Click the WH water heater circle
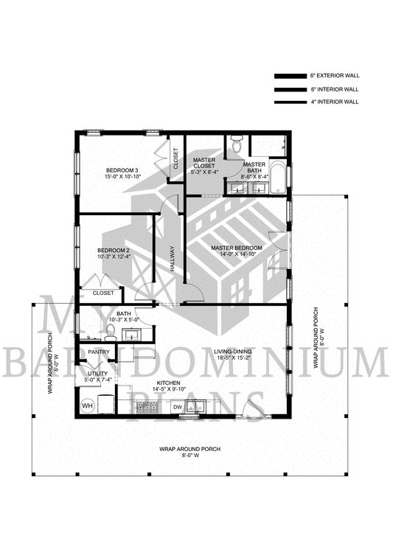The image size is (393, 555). [x=87, y=405]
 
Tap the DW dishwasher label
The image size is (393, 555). [x=178, y=408]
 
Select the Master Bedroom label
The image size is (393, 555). [x=237, y=248]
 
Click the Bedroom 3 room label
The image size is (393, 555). [x=122, y=170]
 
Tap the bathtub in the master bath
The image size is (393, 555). [x=278, y=178]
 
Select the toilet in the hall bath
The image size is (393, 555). [x=111, y=333]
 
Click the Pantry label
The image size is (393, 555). [x=99, y=352]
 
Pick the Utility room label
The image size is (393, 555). [x=98, y=374]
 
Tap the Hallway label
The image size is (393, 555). [x=173, y=259]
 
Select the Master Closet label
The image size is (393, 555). [x=204, y=163]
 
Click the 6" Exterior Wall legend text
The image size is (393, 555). [x=335, y=75]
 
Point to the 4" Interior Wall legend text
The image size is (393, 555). [x=335, y=102]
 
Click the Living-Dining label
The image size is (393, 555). [x=232, y=352]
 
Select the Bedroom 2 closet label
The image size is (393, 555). [x=103, y=293]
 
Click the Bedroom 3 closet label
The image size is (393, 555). [x=176, y=158]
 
